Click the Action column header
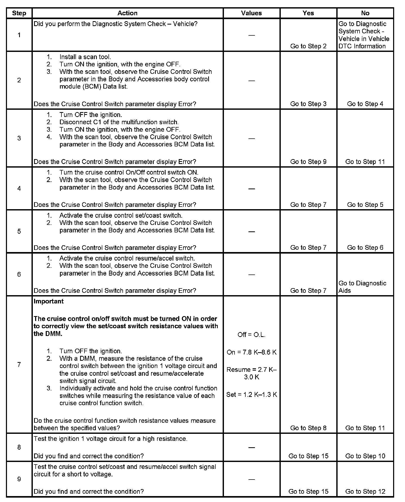point(127,13)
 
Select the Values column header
point(251,13)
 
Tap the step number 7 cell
point(19,364)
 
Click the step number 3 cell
point(19,138)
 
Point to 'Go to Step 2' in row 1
point(308,46)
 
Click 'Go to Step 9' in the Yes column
point(308,162)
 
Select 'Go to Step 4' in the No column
point(365,104)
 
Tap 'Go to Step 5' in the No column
point(365,205)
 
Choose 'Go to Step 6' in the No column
point(365,248)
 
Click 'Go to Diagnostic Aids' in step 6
point(362,287)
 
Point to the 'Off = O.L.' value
point(251,335)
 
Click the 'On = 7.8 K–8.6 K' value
point(251,352)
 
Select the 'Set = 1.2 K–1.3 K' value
point(251,395)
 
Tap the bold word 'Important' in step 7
point(49,301)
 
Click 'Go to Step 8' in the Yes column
point(308,428)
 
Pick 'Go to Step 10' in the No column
point(365,456)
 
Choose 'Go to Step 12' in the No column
point(365,491)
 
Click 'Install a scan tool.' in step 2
point(85,57)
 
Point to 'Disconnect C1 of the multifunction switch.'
point(119,122)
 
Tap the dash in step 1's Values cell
point(251,35)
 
